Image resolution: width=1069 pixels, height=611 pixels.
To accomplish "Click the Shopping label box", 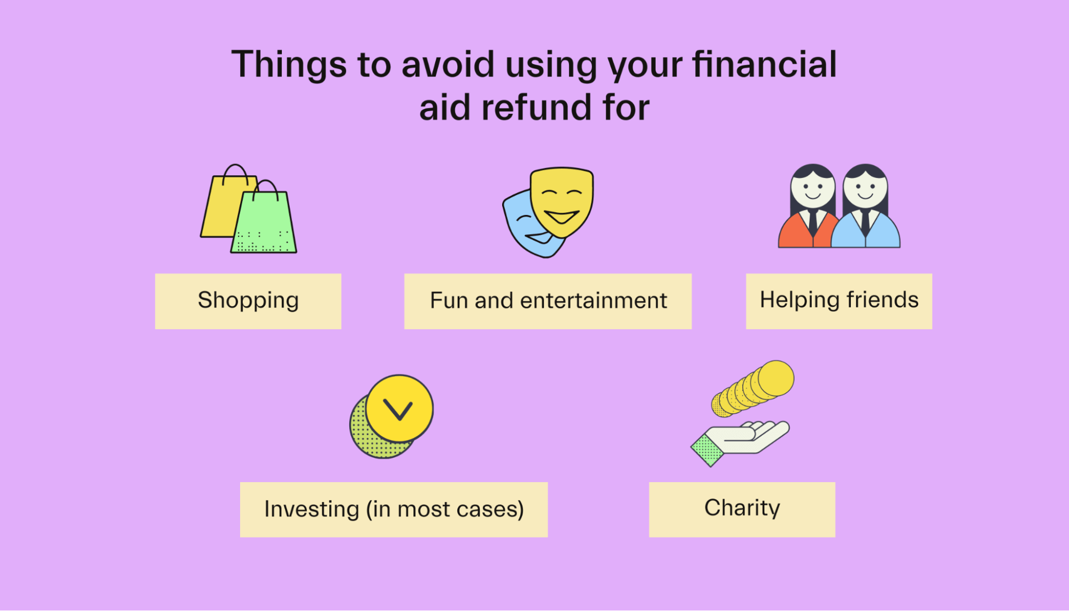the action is coord(248,301).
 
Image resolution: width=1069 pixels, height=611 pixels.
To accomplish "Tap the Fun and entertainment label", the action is coord(548,301).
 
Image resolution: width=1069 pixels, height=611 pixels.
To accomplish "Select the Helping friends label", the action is coord(839,301).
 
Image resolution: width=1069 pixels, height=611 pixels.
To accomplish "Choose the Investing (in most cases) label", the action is coord(394,509).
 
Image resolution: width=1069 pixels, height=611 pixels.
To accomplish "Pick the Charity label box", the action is coord(742,509).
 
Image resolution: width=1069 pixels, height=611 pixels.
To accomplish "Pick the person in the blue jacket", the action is coord(866,208).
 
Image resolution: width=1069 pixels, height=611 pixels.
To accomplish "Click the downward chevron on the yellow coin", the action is coord(398,410).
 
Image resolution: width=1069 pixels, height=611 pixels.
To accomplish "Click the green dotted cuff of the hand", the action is coord(707,450).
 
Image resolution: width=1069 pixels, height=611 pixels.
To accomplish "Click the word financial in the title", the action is coord(765,64).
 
